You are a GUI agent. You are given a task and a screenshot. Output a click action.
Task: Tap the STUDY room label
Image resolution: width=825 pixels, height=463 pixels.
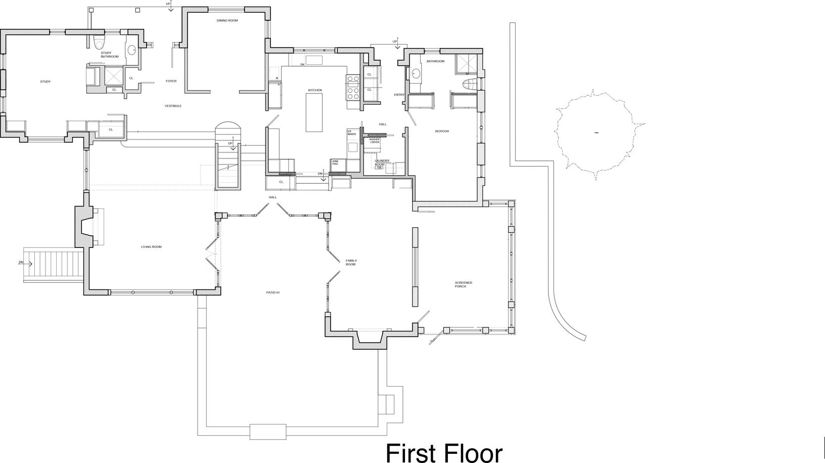coord(45,81)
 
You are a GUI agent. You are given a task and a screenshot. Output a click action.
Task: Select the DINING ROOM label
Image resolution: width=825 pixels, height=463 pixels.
coord(227,21)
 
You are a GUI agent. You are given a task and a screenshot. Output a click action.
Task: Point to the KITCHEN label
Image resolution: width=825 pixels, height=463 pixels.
coord(315,90)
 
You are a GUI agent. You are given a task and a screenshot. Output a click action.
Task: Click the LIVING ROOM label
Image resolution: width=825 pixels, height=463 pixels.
coord(151,246)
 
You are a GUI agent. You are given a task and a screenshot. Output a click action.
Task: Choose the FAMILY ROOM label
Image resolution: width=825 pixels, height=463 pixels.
coord(351,263)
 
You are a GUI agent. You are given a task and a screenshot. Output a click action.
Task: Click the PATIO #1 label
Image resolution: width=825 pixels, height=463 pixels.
coord(273,292)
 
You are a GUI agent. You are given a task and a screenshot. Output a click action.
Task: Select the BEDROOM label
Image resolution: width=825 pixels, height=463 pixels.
coord(442,131)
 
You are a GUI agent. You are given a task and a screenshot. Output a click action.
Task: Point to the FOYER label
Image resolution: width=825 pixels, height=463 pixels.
coord(171,81)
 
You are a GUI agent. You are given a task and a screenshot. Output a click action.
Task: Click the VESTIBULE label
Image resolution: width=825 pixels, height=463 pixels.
coord(173,106)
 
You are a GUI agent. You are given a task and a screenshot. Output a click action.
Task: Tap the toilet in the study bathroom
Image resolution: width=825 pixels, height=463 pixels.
coord(99,42)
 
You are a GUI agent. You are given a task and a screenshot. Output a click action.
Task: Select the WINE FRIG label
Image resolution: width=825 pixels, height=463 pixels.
coord(335,162)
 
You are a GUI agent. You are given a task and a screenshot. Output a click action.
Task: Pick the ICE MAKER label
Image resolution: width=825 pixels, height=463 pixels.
coord(351,133)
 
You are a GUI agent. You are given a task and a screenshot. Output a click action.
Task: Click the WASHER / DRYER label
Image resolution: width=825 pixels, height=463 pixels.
coord(374,141)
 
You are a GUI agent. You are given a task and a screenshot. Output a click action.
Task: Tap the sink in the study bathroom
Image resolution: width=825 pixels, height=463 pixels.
coord(131,50)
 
